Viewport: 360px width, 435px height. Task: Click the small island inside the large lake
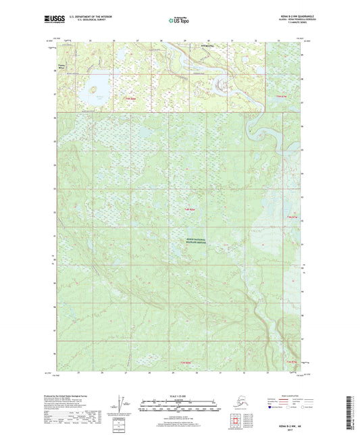click(93, 88)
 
